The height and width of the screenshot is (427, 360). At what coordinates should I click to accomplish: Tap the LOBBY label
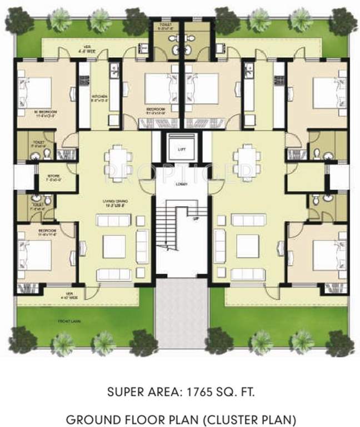180,183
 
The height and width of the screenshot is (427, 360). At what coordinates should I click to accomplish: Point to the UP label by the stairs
196,219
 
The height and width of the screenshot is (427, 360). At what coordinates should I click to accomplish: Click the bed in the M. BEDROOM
36,91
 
